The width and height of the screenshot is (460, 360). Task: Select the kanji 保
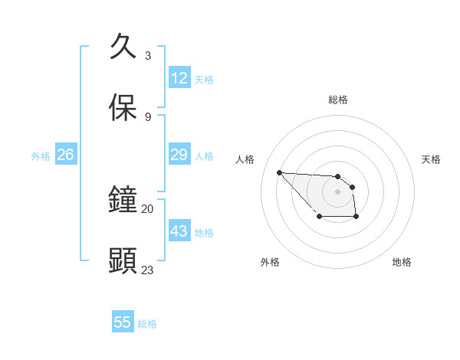(123, 108)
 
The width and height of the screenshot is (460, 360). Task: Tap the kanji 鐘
(123, 199)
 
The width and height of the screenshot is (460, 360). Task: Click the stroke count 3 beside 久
(148, 55)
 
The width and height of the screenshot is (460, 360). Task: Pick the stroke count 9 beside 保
(148, 116)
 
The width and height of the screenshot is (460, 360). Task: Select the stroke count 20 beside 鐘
(148, 208)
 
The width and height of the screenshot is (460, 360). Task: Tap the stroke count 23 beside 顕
(148, 270)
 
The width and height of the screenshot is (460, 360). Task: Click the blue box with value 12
(179, 78)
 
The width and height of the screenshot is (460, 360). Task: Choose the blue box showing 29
(179, 155)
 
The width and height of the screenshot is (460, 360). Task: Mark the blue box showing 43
(179, 231)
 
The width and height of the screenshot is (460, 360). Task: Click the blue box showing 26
(65, 155)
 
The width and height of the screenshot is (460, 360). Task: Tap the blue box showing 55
(123, 322)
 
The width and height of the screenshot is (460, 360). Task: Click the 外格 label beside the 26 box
(41, 156)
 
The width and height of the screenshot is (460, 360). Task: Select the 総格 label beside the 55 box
(147, 324)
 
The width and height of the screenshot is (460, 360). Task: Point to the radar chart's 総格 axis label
(337, 100)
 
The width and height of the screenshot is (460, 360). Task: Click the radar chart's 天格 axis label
(431, 159)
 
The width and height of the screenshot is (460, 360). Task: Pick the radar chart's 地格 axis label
(402, 263)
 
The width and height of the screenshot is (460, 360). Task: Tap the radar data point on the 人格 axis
(279, 172)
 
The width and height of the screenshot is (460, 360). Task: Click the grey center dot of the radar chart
(337, 191)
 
